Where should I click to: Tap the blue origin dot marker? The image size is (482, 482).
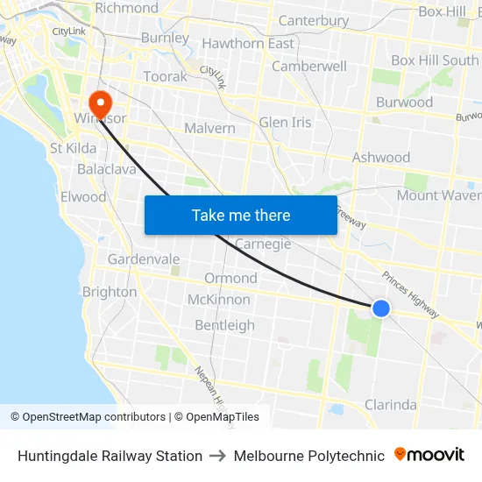pyautogui.click(x=380, y=308)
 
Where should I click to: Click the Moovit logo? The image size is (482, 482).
pyautogui.click(x=429, y=455)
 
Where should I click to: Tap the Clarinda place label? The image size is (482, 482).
pyautogui.click(x=390, y=405)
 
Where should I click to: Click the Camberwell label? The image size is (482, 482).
pyautogui.click(x=309, y=66)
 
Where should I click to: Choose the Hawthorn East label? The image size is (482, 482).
pyautogui.click(x=248, y=44)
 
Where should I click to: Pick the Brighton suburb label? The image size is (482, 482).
pyautogui.click(x=110, y=292)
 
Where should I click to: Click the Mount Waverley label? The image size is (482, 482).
pyautogui.click(x=438, y=195)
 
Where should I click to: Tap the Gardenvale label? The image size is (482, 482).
pyautogui.click(x=144, y=259)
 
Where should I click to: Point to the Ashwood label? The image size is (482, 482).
pyautogui.click(x=380, y=158)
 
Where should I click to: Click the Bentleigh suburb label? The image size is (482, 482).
pyautogui.click(x=224, y=325)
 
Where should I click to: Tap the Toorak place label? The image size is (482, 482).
pyautogui.click(x=165, y=76)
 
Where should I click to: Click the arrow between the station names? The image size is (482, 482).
pyautogui.click(x=218, y=456)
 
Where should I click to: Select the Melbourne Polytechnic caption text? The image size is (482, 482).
pyautogui.click(x=308, y=456)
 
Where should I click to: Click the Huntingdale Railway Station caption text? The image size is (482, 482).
pyautogui.click(x=110, y=456)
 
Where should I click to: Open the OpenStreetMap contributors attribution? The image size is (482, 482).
pyautogui.click(x=88, y=417)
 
